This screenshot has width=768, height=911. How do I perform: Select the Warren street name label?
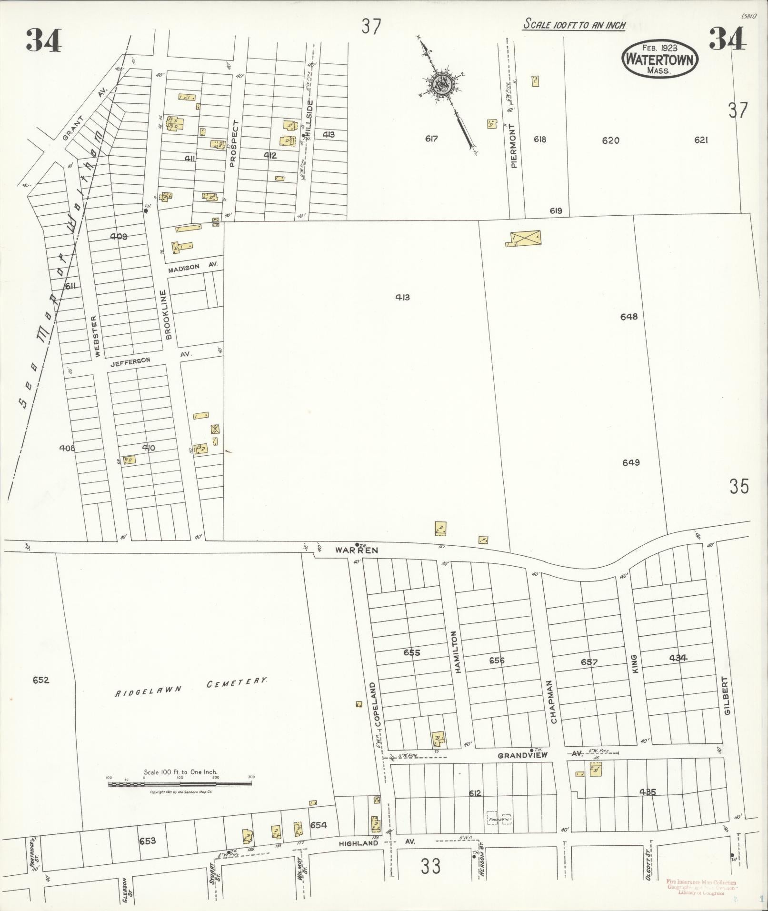(x=356, y=550)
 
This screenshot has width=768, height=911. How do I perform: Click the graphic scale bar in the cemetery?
(x=180, y=783)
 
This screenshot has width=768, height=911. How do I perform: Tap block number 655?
(x=411, y=652)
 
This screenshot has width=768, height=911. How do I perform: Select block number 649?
(x=630, y=462)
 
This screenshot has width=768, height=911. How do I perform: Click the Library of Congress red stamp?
(x=701, y=888)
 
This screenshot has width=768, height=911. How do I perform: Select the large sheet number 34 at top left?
(x=44, y=40)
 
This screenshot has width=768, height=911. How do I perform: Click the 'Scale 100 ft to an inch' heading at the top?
(x=574, y=24)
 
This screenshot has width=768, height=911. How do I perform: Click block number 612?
(x=475, y=793)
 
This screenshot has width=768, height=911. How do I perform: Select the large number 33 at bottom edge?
(x=430, y=866)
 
